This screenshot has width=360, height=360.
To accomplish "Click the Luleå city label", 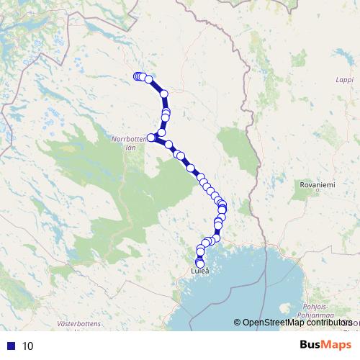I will tap(199, 272).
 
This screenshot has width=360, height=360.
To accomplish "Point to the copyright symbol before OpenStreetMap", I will tap(238, 323).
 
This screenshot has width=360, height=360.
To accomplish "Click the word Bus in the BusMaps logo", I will tap(310, 345).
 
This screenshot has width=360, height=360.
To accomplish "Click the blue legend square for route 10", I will tap(11, 346).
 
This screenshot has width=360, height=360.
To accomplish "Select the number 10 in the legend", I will tap(28, 346).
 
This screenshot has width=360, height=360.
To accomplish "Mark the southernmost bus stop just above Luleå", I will tap(200, 264).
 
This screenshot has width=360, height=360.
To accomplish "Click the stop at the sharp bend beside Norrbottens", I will tap(151, 137).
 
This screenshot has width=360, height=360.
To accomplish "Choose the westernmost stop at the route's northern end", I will tap(137, 76).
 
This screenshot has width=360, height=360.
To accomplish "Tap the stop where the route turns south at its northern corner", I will tap(163, 94).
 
